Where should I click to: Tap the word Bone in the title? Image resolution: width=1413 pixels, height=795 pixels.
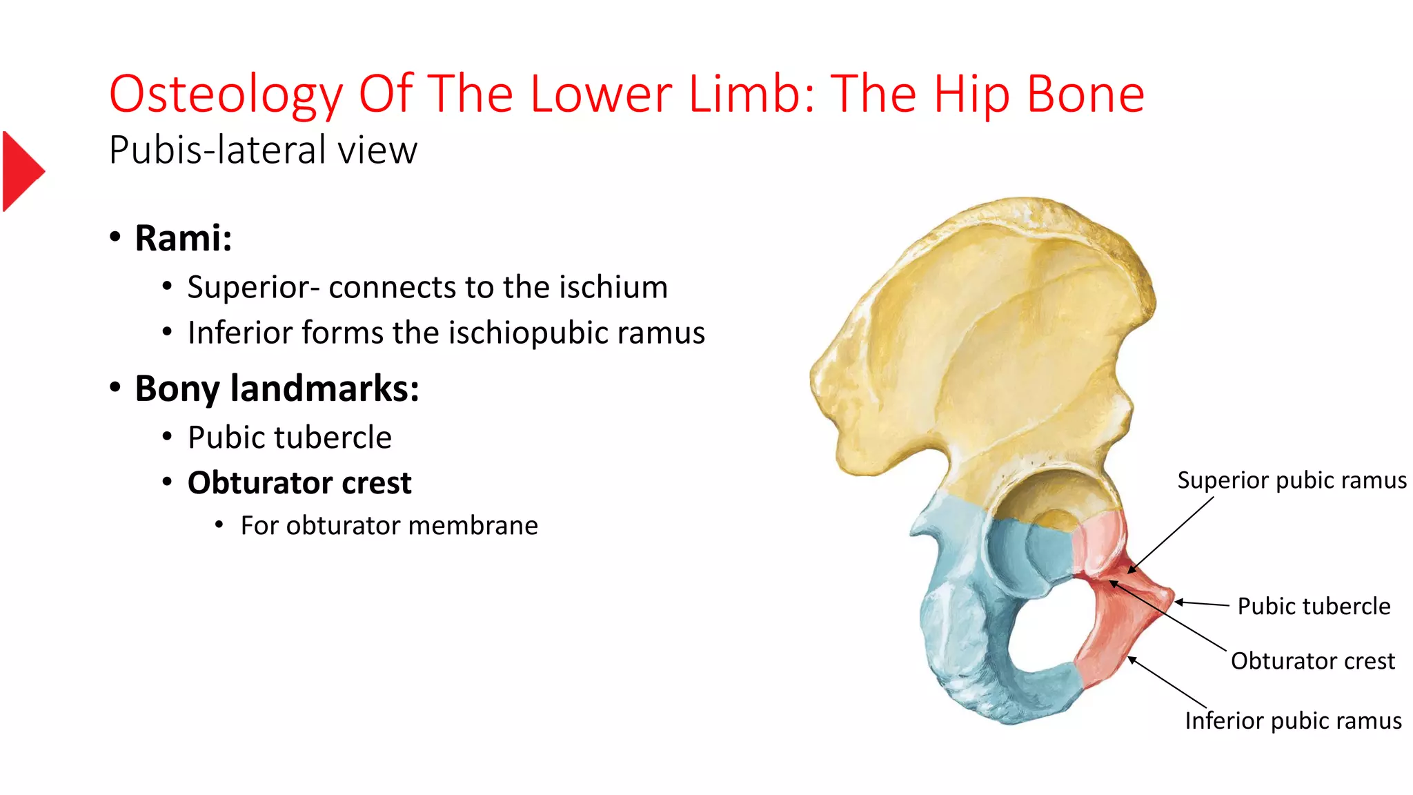[1085, 95]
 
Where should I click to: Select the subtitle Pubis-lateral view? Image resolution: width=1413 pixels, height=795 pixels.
[263, 150]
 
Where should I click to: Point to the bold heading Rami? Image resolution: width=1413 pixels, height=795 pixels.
[183, 238]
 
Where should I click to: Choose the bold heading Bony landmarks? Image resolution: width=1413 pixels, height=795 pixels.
[277, 388]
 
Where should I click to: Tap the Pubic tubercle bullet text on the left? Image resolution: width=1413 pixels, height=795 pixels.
[289, 438]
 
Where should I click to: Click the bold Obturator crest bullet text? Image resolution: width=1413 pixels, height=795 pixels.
[299, 482]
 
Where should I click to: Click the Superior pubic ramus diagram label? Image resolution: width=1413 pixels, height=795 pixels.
[1292, 480]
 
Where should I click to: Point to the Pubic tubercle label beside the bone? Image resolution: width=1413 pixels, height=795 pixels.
[1314, 606]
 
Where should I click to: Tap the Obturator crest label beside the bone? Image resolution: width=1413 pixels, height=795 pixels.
[1312, 660]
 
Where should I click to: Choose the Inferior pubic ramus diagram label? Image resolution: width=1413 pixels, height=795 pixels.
[1293, 720]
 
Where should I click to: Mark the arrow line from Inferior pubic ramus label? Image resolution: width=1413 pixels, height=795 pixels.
[1167, 682]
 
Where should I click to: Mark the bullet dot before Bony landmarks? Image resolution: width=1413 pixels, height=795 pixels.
[115, 386]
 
